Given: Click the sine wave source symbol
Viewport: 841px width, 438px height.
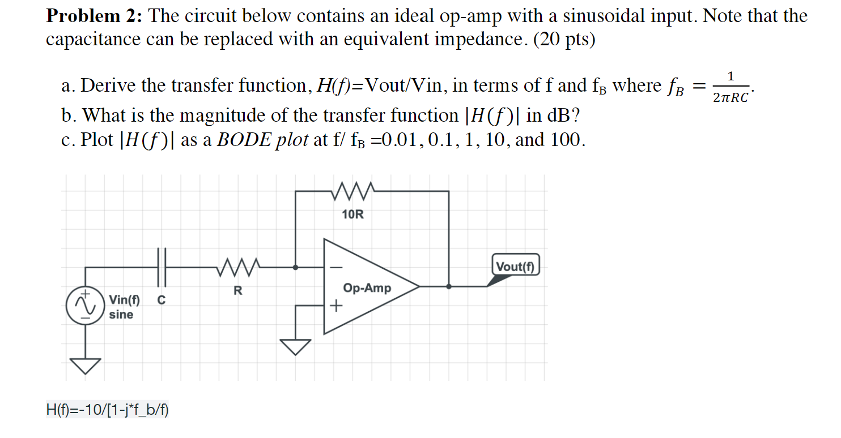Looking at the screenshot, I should tap(86, 306).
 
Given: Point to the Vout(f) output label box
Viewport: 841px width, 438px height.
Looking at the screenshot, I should tap(516, 265).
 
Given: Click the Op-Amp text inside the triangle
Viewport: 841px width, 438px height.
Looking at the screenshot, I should tap(367, 288).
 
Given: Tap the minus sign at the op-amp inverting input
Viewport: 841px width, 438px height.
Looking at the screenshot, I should tap(336, 265).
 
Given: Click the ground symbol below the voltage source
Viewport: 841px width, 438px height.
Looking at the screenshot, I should tap(86, 366).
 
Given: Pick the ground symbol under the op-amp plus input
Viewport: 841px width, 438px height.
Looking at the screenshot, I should tap(295, 346).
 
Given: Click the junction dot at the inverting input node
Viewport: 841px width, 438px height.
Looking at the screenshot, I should tap(295, 266).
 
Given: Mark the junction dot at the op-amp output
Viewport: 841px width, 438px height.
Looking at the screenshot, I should tap(449, 286).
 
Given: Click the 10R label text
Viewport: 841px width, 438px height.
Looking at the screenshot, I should tap(353, 215).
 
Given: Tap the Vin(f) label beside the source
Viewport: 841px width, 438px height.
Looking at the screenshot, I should tap(125, 299).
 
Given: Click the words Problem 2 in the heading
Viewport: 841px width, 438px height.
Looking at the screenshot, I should tap(93, 16).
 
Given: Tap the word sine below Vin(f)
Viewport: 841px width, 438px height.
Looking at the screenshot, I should tap(121, 315).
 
